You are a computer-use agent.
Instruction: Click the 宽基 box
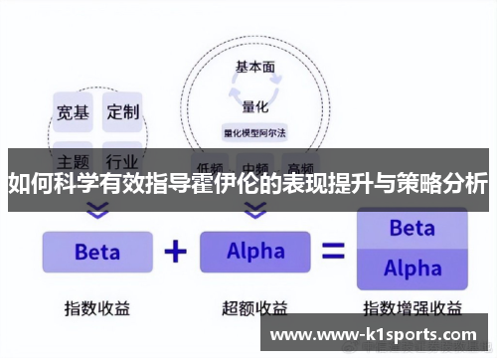pos(72,111)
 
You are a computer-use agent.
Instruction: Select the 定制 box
pos(124,111)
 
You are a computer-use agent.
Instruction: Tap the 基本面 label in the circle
pos(255,68)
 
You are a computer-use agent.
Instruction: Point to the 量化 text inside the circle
pos(255,105)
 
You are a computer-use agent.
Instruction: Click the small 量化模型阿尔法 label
pos(255,131)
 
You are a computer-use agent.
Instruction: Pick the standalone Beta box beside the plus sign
pos(96,252)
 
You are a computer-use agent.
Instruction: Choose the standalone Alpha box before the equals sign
pos(255,252)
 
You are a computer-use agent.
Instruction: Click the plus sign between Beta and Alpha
pos(176,252)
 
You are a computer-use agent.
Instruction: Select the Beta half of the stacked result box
pos(412,228)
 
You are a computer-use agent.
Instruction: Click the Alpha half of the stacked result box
pos(412,269)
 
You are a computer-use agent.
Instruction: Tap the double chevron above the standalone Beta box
pos(96,210)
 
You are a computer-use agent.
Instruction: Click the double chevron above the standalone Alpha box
pos(255,210)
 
